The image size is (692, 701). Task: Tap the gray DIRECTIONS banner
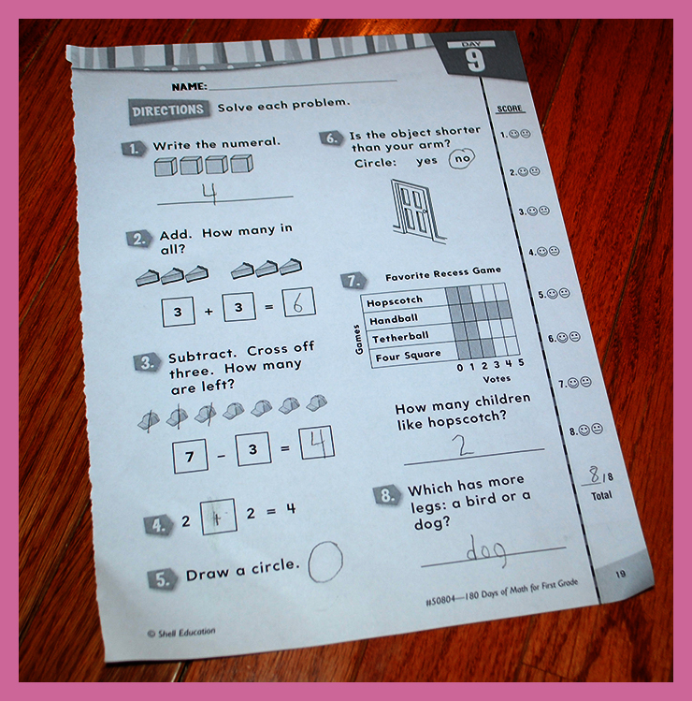point(168,110)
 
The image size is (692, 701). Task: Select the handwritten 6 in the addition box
point(298,303)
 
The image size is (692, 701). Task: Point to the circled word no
point(461,158)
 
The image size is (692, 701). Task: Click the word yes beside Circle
point(426,161)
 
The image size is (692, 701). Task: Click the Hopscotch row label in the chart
point(394,301)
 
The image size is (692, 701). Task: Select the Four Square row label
point(408,357)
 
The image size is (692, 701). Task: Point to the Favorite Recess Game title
point(443,273)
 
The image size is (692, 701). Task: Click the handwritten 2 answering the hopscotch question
point(462,445)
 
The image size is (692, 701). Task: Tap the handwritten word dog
point(486,550)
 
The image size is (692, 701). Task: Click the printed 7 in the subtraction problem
point(190,457)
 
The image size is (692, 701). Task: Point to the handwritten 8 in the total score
point(594,475)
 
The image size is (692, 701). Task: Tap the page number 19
point(621,574)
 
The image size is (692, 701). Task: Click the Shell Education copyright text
point(181,633)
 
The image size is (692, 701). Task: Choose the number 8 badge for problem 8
point(386,496)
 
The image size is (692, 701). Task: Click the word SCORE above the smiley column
point(510,109)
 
